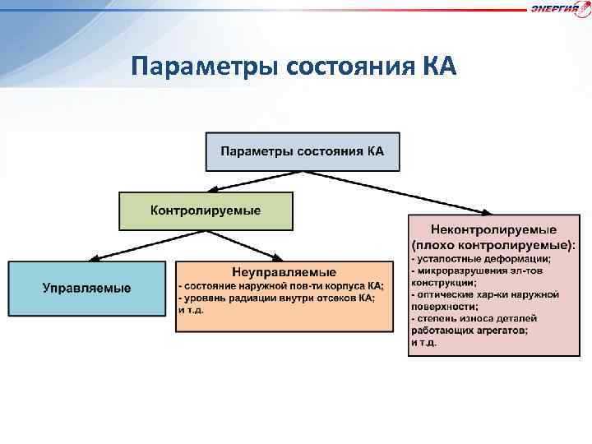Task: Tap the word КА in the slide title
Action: (436, 66)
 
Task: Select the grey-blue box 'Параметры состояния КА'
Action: (303, 151)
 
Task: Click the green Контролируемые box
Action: (206, 210)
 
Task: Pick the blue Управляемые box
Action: (87, 288)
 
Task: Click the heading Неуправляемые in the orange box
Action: (284, 271)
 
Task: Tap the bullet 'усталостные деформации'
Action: (481, 258)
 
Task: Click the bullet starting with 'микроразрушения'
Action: (485, 271)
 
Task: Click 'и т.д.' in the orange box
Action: (191, 310)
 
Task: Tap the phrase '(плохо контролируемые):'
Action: (493, 244)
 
